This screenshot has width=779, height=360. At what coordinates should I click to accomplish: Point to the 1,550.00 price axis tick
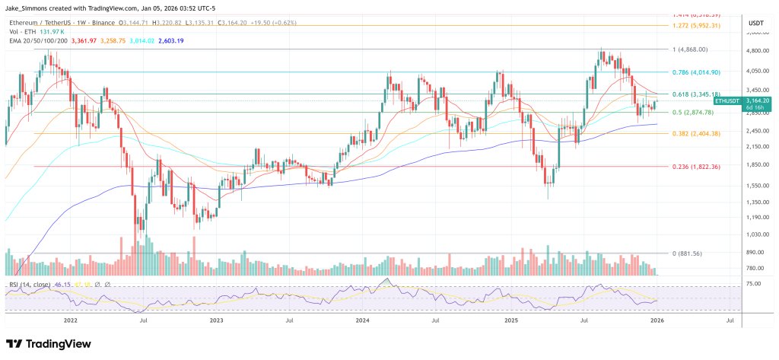755,185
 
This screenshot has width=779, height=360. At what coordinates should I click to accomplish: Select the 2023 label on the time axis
216,320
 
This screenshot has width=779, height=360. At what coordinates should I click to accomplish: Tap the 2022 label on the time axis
71,320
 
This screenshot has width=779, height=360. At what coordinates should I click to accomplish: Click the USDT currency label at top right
755,23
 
